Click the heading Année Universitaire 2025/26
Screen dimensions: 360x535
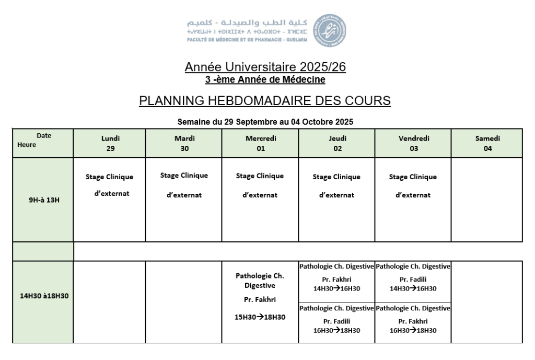(265, 67)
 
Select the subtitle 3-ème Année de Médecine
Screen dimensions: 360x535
(265, 80)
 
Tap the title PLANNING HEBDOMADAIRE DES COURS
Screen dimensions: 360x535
(265, 101)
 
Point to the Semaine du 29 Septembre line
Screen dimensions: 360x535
(265, 122)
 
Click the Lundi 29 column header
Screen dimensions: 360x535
(110, 143)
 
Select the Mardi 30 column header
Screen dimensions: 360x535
(184, 143)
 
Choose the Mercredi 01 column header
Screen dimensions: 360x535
(261, 143)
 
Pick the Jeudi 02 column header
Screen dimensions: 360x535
(338, 143)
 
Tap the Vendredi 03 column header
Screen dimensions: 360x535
(414, 143)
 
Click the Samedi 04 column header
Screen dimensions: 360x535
(487, 143)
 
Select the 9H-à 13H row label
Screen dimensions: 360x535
(44, 200)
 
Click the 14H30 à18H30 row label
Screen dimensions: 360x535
(44, 296)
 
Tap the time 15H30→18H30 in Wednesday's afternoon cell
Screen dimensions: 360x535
(261, 317)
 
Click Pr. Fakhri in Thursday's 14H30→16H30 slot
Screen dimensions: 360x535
(336, 280)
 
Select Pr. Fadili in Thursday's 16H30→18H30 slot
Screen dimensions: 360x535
(336, 321)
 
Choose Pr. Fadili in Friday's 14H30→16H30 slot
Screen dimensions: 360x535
(413, 280)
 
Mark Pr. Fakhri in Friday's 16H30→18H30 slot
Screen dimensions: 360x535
(413, 321)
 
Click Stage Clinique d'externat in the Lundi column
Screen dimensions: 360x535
(110, 185)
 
